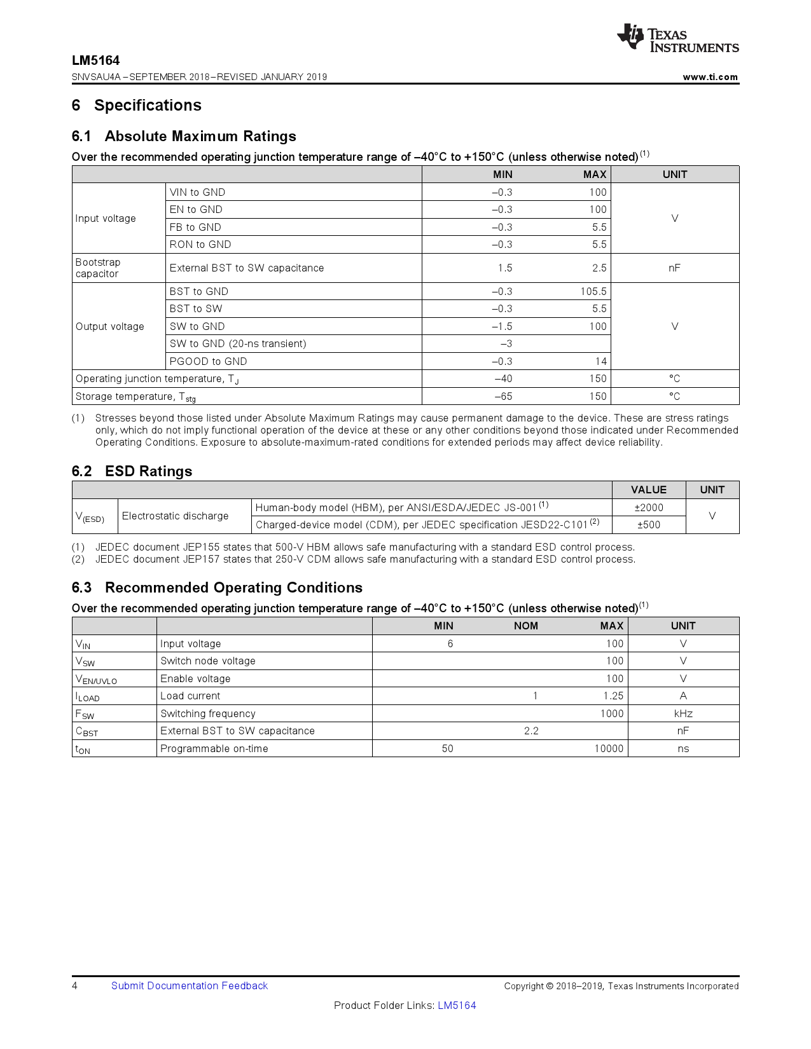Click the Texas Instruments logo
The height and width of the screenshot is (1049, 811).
point(677,38)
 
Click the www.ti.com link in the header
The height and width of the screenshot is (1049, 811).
point(710,77)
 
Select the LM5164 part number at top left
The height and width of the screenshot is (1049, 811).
point(95,60)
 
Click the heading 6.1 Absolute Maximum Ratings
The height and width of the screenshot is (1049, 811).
point(184,136)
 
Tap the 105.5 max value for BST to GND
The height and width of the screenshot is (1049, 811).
point(593,291)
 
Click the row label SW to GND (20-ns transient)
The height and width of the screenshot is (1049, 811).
point(237,344)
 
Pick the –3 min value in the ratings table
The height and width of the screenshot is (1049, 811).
point(506,344)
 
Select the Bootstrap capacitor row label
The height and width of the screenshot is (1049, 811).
point(97,268)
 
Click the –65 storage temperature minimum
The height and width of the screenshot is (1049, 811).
point(503,397)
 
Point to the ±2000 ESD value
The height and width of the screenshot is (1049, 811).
point(648,507)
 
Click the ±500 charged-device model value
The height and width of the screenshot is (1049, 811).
point(648,525)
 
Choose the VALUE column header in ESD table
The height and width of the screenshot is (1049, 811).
point(648,490)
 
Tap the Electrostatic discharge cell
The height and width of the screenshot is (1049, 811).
point(175,516)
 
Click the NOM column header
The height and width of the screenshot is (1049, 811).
point(525,626)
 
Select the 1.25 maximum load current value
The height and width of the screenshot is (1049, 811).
point(613,696)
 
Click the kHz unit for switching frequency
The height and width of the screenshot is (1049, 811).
point(683,713)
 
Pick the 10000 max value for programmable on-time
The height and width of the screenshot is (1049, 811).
point(608,749)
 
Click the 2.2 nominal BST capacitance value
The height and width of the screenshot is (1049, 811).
point(531,731)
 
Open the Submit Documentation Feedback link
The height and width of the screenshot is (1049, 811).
point(189,986)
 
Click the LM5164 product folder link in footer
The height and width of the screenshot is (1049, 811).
point(456,1006)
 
